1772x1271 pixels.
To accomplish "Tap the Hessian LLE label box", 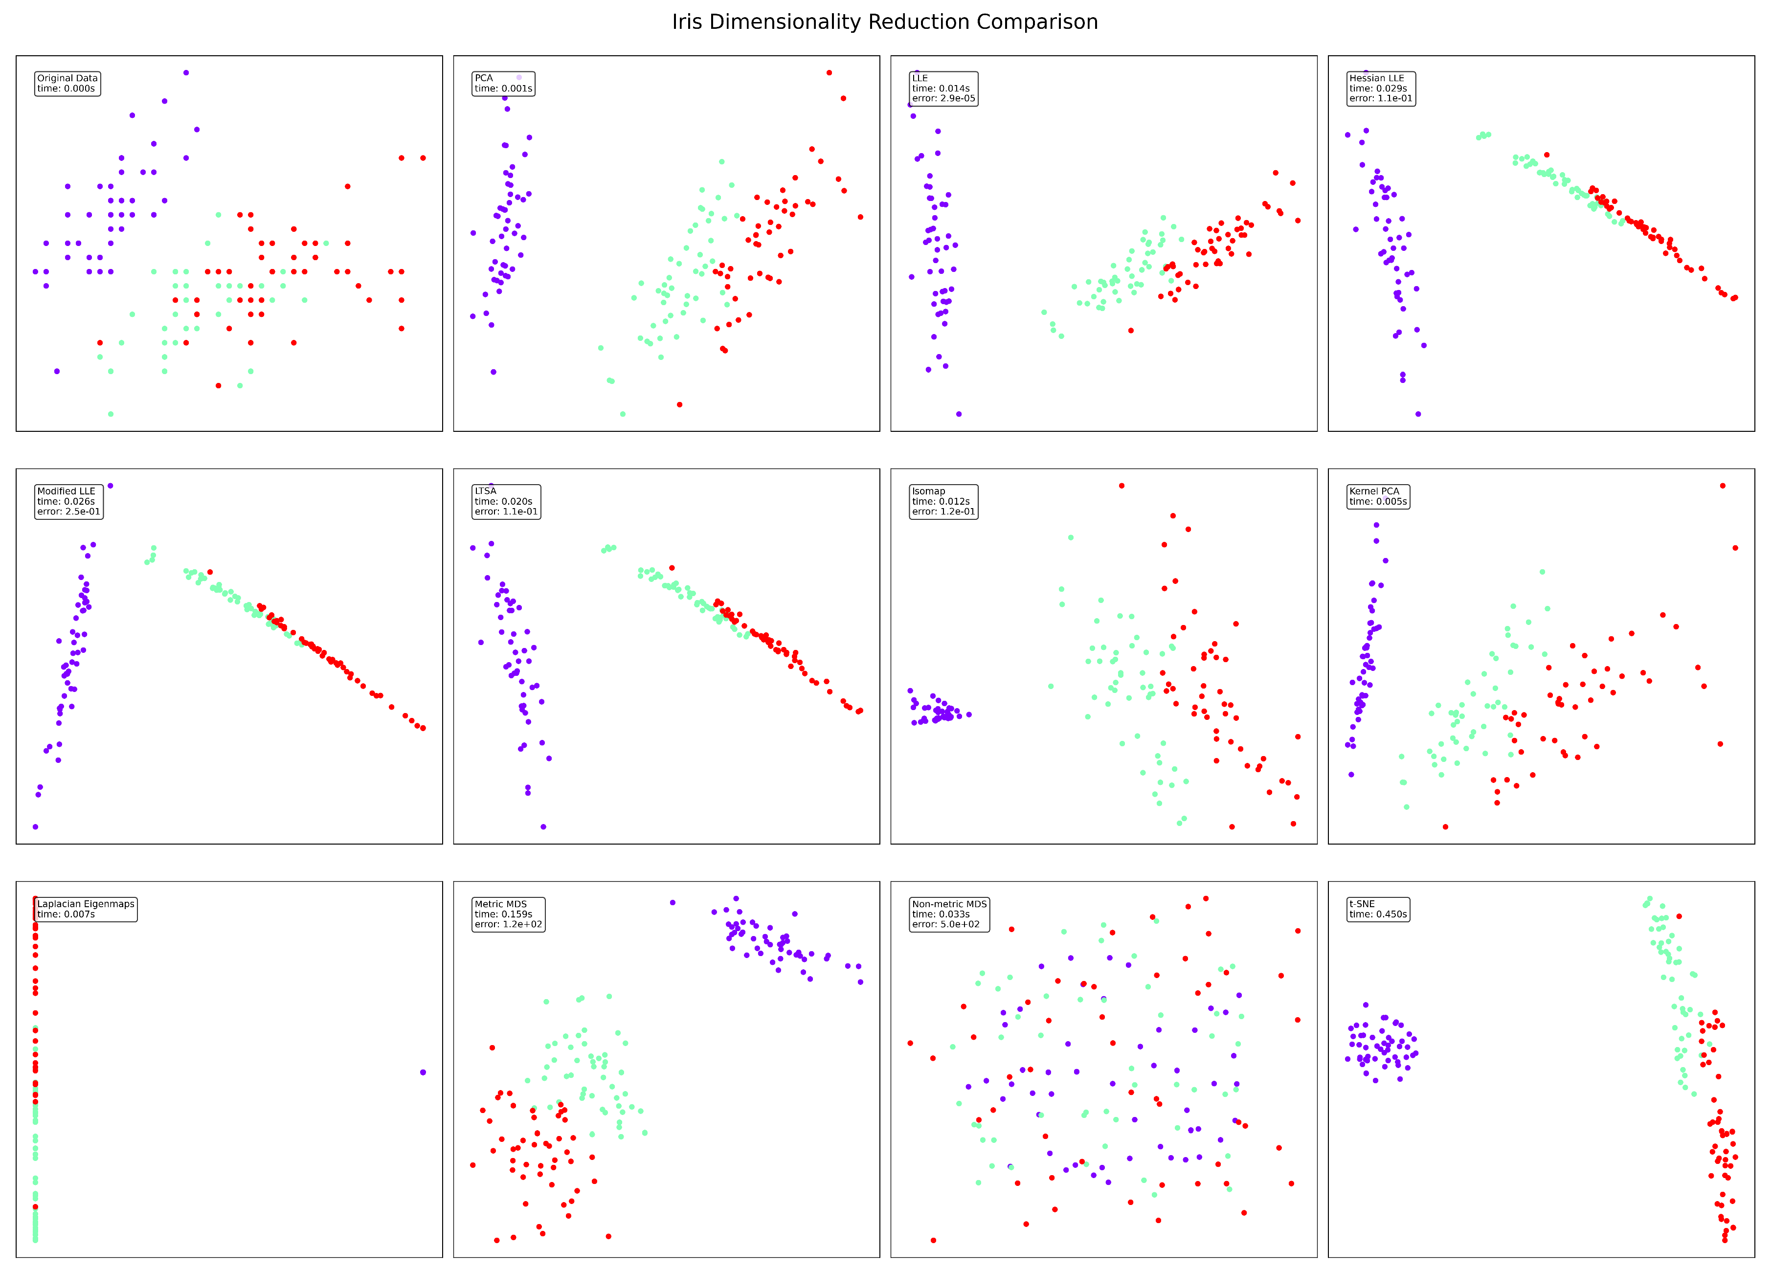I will (x=1381, y=89).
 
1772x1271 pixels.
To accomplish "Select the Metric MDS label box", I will (x=508, y=914).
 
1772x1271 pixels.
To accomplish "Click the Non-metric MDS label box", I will (x=949, y=914).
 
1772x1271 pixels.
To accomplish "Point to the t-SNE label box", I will (x=1377, y=909).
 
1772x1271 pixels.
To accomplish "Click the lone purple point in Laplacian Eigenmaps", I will (x=423, y=1072).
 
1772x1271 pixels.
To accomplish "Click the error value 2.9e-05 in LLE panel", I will (x=957, y=98).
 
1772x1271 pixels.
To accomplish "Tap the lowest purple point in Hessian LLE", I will (x=1418, y=414).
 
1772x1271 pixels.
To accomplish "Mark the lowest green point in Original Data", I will (x=110, y=414).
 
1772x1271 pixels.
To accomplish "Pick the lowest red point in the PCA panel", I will (x=679, y=404).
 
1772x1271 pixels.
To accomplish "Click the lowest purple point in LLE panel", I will (x=959, y=414).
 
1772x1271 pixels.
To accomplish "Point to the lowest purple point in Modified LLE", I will (x=35, y=826).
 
